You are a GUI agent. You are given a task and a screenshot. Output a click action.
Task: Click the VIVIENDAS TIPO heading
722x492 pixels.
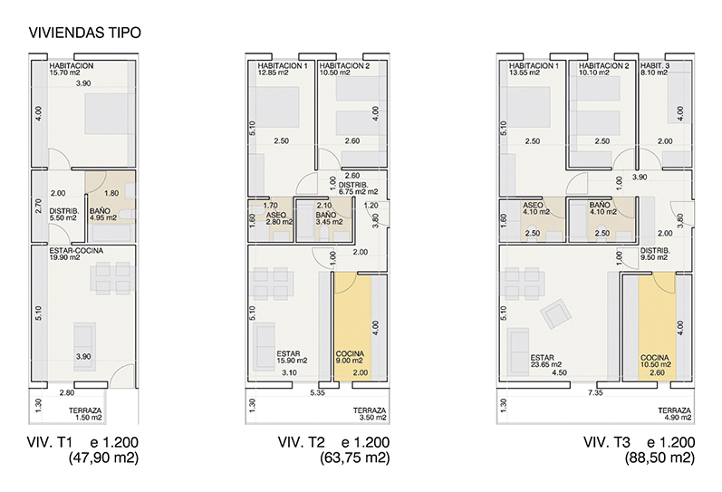pos(85,33)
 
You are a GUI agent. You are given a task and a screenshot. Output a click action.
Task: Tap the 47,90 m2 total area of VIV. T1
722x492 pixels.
pos(103,458)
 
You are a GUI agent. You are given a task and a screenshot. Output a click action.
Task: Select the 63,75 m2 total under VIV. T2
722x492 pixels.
pos(354,458)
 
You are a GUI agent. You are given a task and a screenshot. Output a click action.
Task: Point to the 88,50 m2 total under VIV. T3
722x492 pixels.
pos(659,458)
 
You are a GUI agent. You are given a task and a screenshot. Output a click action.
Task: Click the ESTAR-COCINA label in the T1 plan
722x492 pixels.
pos(76,254)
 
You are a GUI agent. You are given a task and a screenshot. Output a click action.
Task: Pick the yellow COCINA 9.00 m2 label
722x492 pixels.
pos(350,357)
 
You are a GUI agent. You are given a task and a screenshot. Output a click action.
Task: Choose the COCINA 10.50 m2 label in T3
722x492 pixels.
pos(655,361)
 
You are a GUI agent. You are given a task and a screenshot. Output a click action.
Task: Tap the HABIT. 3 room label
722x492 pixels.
pos(655,69)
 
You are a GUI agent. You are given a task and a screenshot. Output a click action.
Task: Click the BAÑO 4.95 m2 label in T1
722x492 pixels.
pos(103,215)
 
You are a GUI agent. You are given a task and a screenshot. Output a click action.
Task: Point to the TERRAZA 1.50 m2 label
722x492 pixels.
pos(86,414)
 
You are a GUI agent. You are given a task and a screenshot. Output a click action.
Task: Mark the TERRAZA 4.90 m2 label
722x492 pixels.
pos(675,414)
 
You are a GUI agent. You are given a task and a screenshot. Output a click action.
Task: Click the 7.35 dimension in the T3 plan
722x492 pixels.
pos(595,392)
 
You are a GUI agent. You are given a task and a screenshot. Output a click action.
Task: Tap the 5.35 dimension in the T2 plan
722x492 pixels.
pos(318,392)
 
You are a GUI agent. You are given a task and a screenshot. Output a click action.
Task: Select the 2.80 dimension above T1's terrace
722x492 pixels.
pos(67,392)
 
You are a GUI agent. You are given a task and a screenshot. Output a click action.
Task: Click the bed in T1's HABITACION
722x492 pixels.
pos(110,114)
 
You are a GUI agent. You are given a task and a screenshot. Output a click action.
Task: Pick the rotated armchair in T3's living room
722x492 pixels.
pos(556,314)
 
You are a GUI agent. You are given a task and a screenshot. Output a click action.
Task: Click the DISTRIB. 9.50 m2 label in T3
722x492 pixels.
pos(655,254)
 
